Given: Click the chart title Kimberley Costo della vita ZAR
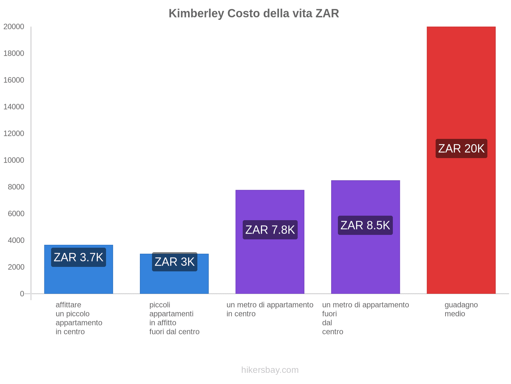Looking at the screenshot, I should (254, 13).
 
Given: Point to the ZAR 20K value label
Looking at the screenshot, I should (461, 148).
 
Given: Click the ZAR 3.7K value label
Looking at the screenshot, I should (79, 257).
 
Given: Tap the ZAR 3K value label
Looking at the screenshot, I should (174, 262).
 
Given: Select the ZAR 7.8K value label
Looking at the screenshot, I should (270, 230).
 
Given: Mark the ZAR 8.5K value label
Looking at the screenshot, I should (365, 225).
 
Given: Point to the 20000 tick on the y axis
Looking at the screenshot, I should (14, 27).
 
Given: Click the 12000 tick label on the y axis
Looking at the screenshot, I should (14, 133).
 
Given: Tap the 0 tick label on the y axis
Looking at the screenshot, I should (22, 294).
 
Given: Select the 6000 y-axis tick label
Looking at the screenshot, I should (16, 214).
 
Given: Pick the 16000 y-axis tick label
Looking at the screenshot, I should (14, 80).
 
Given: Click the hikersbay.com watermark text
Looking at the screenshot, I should (270, 370).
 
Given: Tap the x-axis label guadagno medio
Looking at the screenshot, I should (461, 309).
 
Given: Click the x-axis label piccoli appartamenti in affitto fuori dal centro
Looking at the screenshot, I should (174, 318).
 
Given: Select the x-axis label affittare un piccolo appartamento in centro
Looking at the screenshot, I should (79, 318).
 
